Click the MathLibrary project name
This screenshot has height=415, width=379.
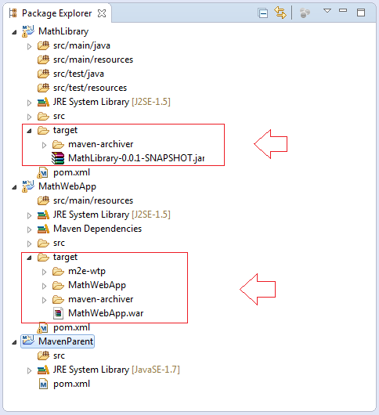click(63, 31)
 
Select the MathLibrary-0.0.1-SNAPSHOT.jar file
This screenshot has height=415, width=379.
click(136, 158)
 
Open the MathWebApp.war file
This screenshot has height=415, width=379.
click(106, 313)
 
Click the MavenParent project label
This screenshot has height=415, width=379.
click(66, 341)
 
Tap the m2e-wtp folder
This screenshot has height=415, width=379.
click(87, 271)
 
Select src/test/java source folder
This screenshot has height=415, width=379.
click(78, 74)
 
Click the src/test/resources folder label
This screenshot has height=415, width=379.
click(90, 88)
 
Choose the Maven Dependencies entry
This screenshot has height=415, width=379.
click(97, 229)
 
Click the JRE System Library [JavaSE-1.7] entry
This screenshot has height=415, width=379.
click(116, 370)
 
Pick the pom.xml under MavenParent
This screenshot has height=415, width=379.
click(71, 384)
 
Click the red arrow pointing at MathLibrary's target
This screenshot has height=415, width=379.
click(270, 144)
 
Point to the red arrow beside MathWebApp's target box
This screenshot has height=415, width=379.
click(258, 289)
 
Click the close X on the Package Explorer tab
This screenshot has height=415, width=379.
click(102, 13)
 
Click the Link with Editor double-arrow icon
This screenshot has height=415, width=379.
click(280, 13)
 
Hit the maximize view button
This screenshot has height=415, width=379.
click(361, 13)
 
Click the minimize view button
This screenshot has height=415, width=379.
click(343, 11)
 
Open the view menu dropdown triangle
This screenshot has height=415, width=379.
click(327, 11)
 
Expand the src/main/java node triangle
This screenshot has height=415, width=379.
click(30, 46)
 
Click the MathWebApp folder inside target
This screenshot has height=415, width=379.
click(97, 285)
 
